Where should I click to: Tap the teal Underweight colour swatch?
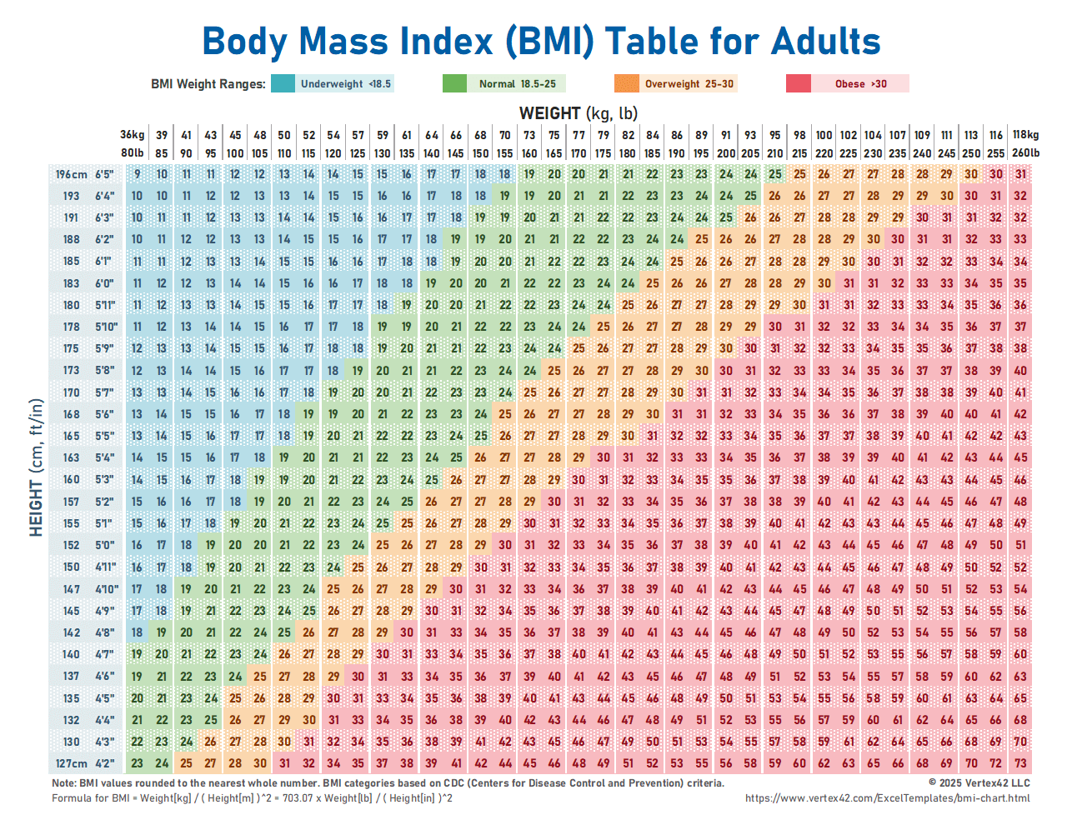point(283,83)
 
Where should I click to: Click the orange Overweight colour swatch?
point(626,83)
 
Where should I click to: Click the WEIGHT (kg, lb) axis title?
point(578,112)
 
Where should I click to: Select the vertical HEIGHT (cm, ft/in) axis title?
point(36,467)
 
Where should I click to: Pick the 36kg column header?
point(132,134)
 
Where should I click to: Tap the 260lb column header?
point(1025,152)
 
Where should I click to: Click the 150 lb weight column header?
point(480,152)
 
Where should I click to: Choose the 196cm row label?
point(71,174)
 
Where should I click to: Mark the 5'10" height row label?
point(106,327)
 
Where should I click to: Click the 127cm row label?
point(71,762)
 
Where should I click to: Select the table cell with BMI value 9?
point(137,174)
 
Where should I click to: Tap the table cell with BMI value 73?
point(1020,762)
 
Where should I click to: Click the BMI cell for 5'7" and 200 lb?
point(726,392)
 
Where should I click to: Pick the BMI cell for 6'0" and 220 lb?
point(824,283)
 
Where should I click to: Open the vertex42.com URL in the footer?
point(887,797)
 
